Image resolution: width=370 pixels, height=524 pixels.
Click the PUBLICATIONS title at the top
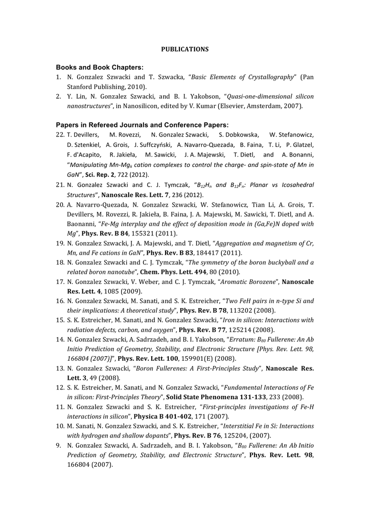click(x=185, y=49)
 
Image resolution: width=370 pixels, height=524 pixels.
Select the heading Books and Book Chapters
click(x=100, y=67)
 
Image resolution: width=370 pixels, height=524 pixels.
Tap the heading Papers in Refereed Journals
click(x=142, y=125)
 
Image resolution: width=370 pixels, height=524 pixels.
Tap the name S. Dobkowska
click(x=238, y=135)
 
